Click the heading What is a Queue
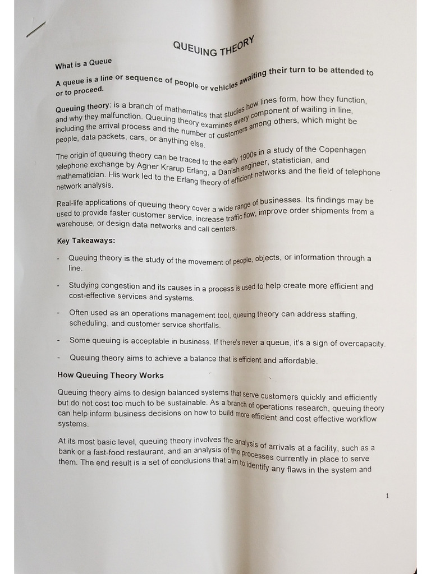pos(84,64)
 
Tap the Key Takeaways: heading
pos(86,241)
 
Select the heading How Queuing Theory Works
pos(111,375)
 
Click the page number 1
pos(387,496)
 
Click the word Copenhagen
pos(342,150)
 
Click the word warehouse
pos(75,224)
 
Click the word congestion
pos(122,286)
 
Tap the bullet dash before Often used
pos(59,312)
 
